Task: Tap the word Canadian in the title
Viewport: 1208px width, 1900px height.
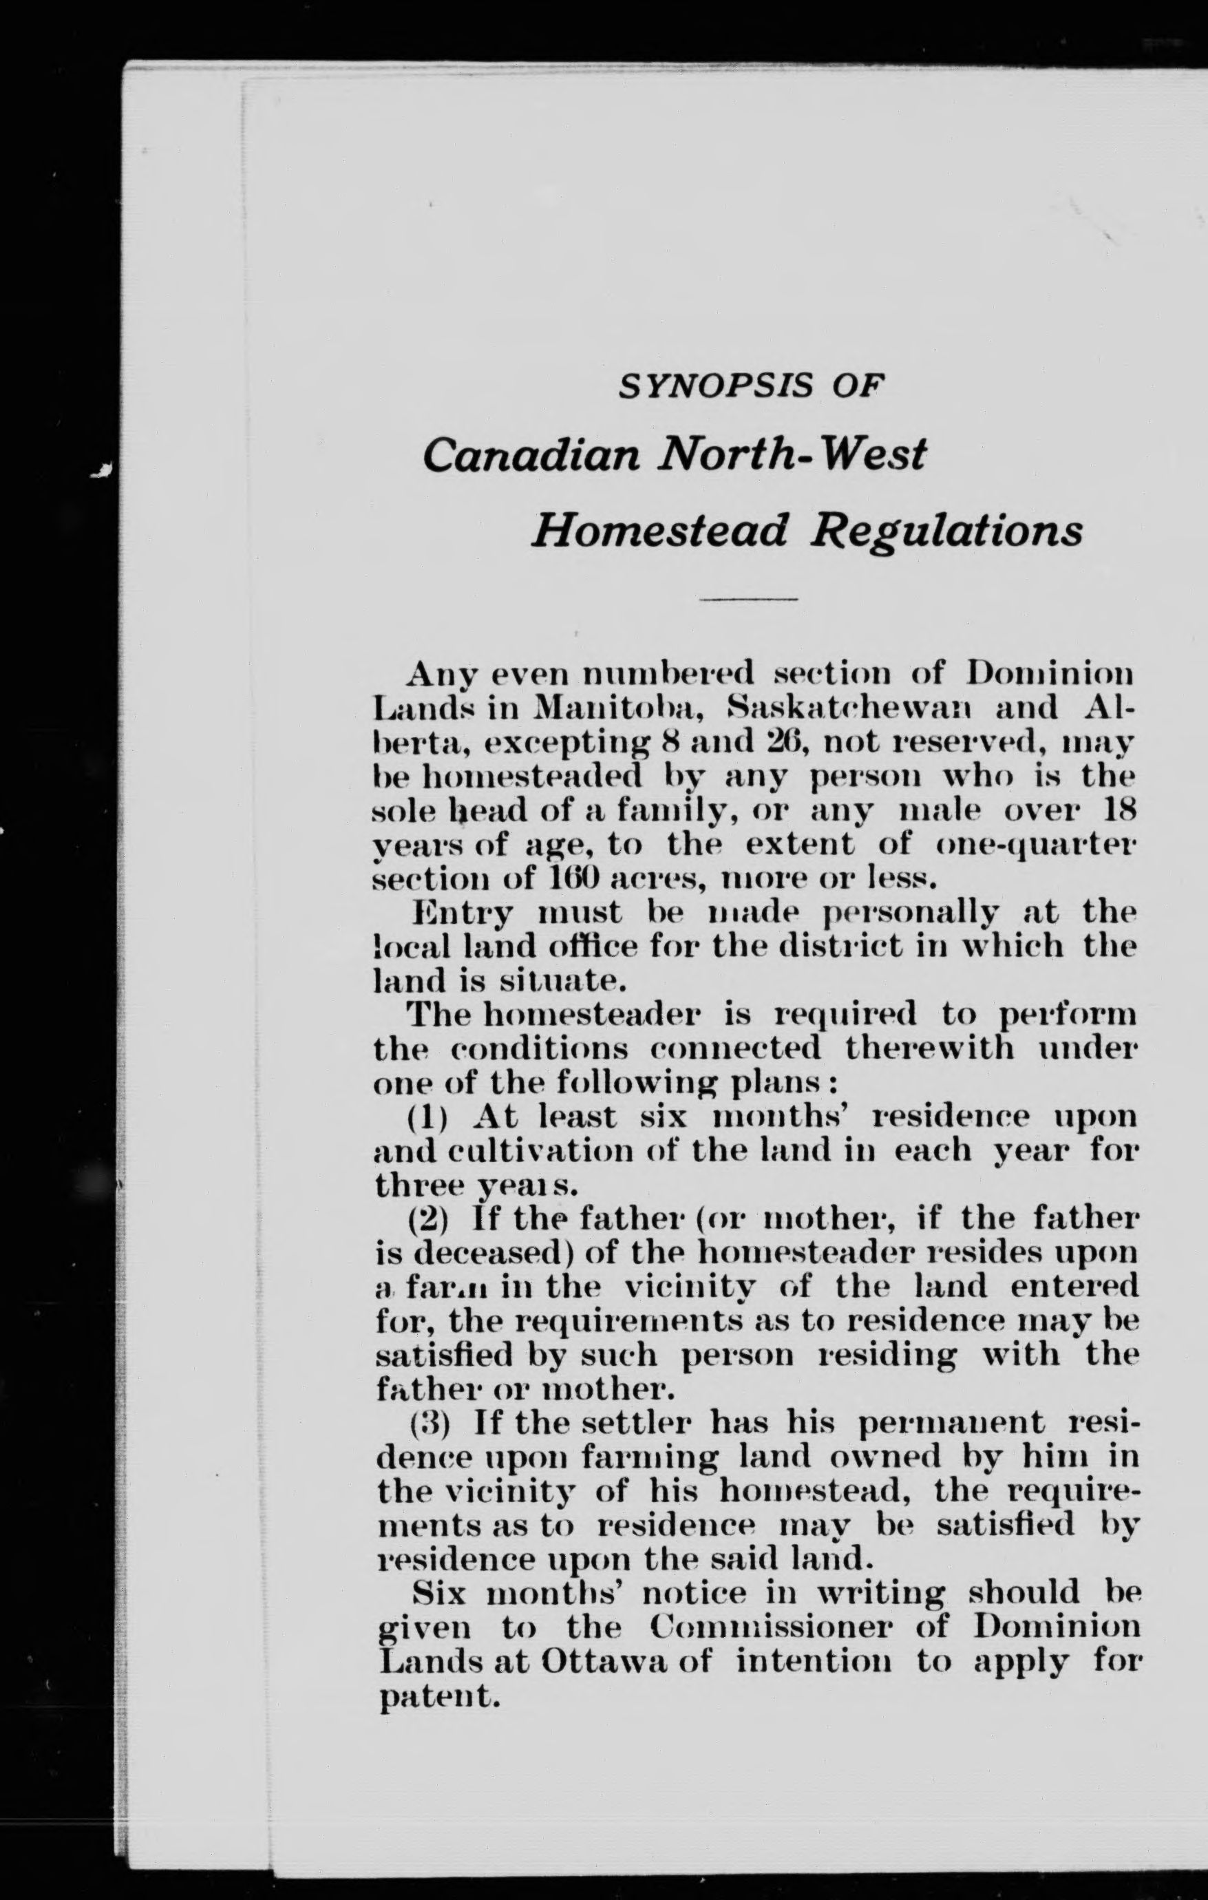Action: [530, 455]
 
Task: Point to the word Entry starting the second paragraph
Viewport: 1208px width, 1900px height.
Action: [463, 914]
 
